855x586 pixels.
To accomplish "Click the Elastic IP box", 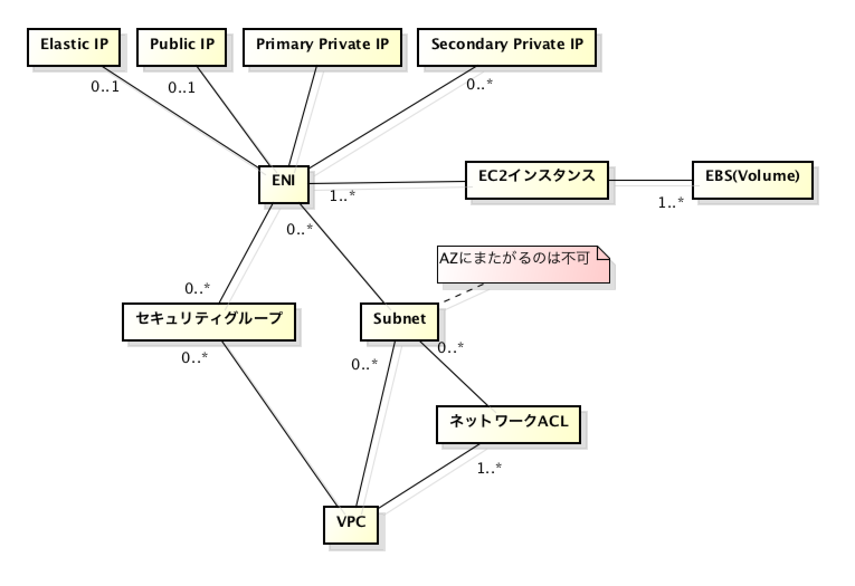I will pyautogui.click(x=74, y=47).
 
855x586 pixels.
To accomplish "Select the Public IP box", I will pyautogui.click(x=182, y=47).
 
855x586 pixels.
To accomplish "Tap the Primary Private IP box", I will pyautogui.click(x=322, y=47).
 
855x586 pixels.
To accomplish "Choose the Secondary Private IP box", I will pyautogui.click(x=507, y=47).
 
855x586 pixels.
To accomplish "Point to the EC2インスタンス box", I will pyautogui.click(x=536, y=180).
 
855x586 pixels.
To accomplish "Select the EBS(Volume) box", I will pyautogui.click(x=752, y=180).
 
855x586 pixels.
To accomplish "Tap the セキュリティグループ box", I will pyautogui.click(x=209, y=322).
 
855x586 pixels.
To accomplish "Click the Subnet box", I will pyautogui.click(x=399, y=322).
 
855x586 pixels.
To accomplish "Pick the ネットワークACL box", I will pyautogui.click(x=508, y=424).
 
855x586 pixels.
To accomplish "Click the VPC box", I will pyautogui.click(x=351, y=525).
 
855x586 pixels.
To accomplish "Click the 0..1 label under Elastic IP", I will pyautogui.click(x=105, y=87).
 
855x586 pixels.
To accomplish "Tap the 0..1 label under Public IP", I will pyautogui.click(x=182, y=88).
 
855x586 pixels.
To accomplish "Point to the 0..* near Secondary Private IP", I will pyautogui.click(x=479, y=84).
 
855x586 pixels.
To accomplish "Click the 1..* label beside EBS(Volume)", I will pyautogui.click(x=671, y=203).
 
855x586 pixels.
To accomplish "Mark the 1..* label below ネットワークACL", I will pyautogui.click(x=489, y=468).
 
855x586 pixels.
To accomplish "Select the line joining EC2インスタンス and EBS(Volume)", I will pyautogui.click(x=650, y=180).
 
